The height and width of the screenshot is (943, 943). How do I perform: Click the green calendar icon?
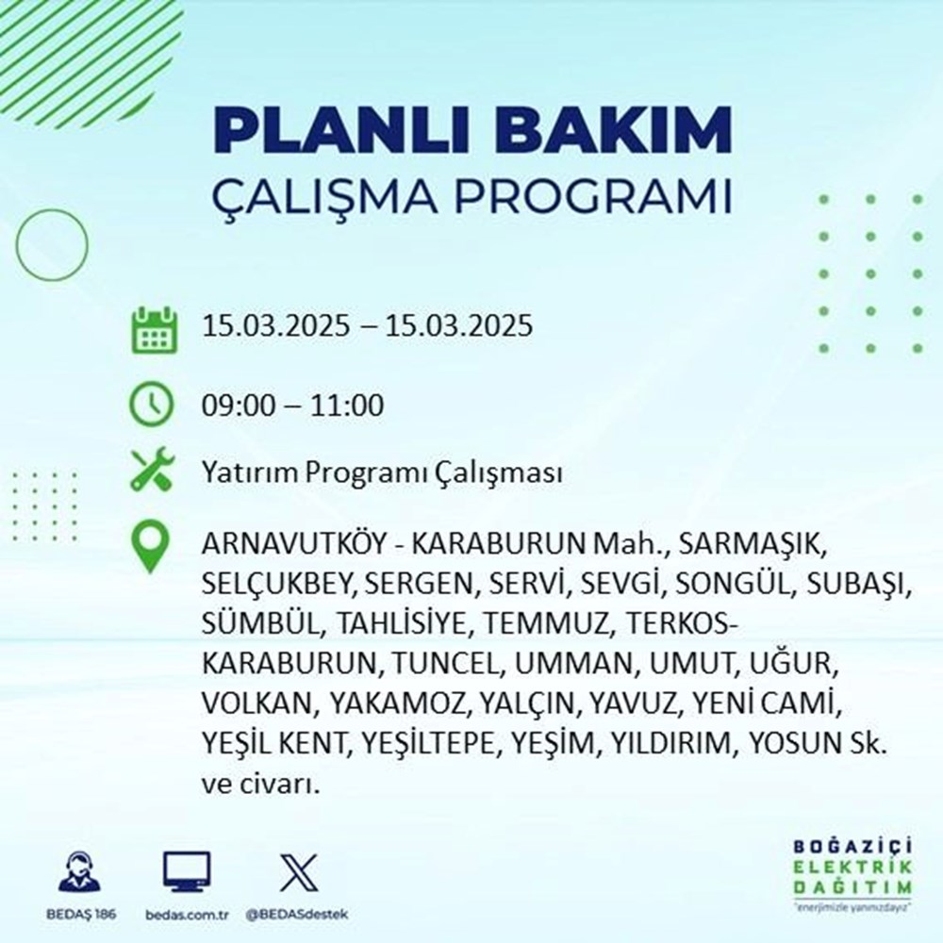152,328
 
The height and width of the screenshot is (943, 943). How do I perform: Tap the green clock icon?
152,406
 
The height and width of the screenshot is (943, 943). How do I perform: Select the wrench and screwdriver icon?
152,471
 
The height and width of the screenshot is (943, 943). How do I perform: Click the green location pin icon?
152,548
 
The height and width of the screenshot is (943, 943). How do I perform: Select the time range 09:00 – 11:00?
292,406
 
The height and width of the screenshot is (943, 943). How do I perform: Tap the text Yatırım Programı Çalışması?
382,472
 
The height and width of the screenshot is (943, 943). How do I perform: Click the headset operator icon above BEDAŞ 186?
79,872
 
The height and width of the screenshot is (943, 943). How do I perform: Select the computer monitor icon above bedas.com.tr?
187,872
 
